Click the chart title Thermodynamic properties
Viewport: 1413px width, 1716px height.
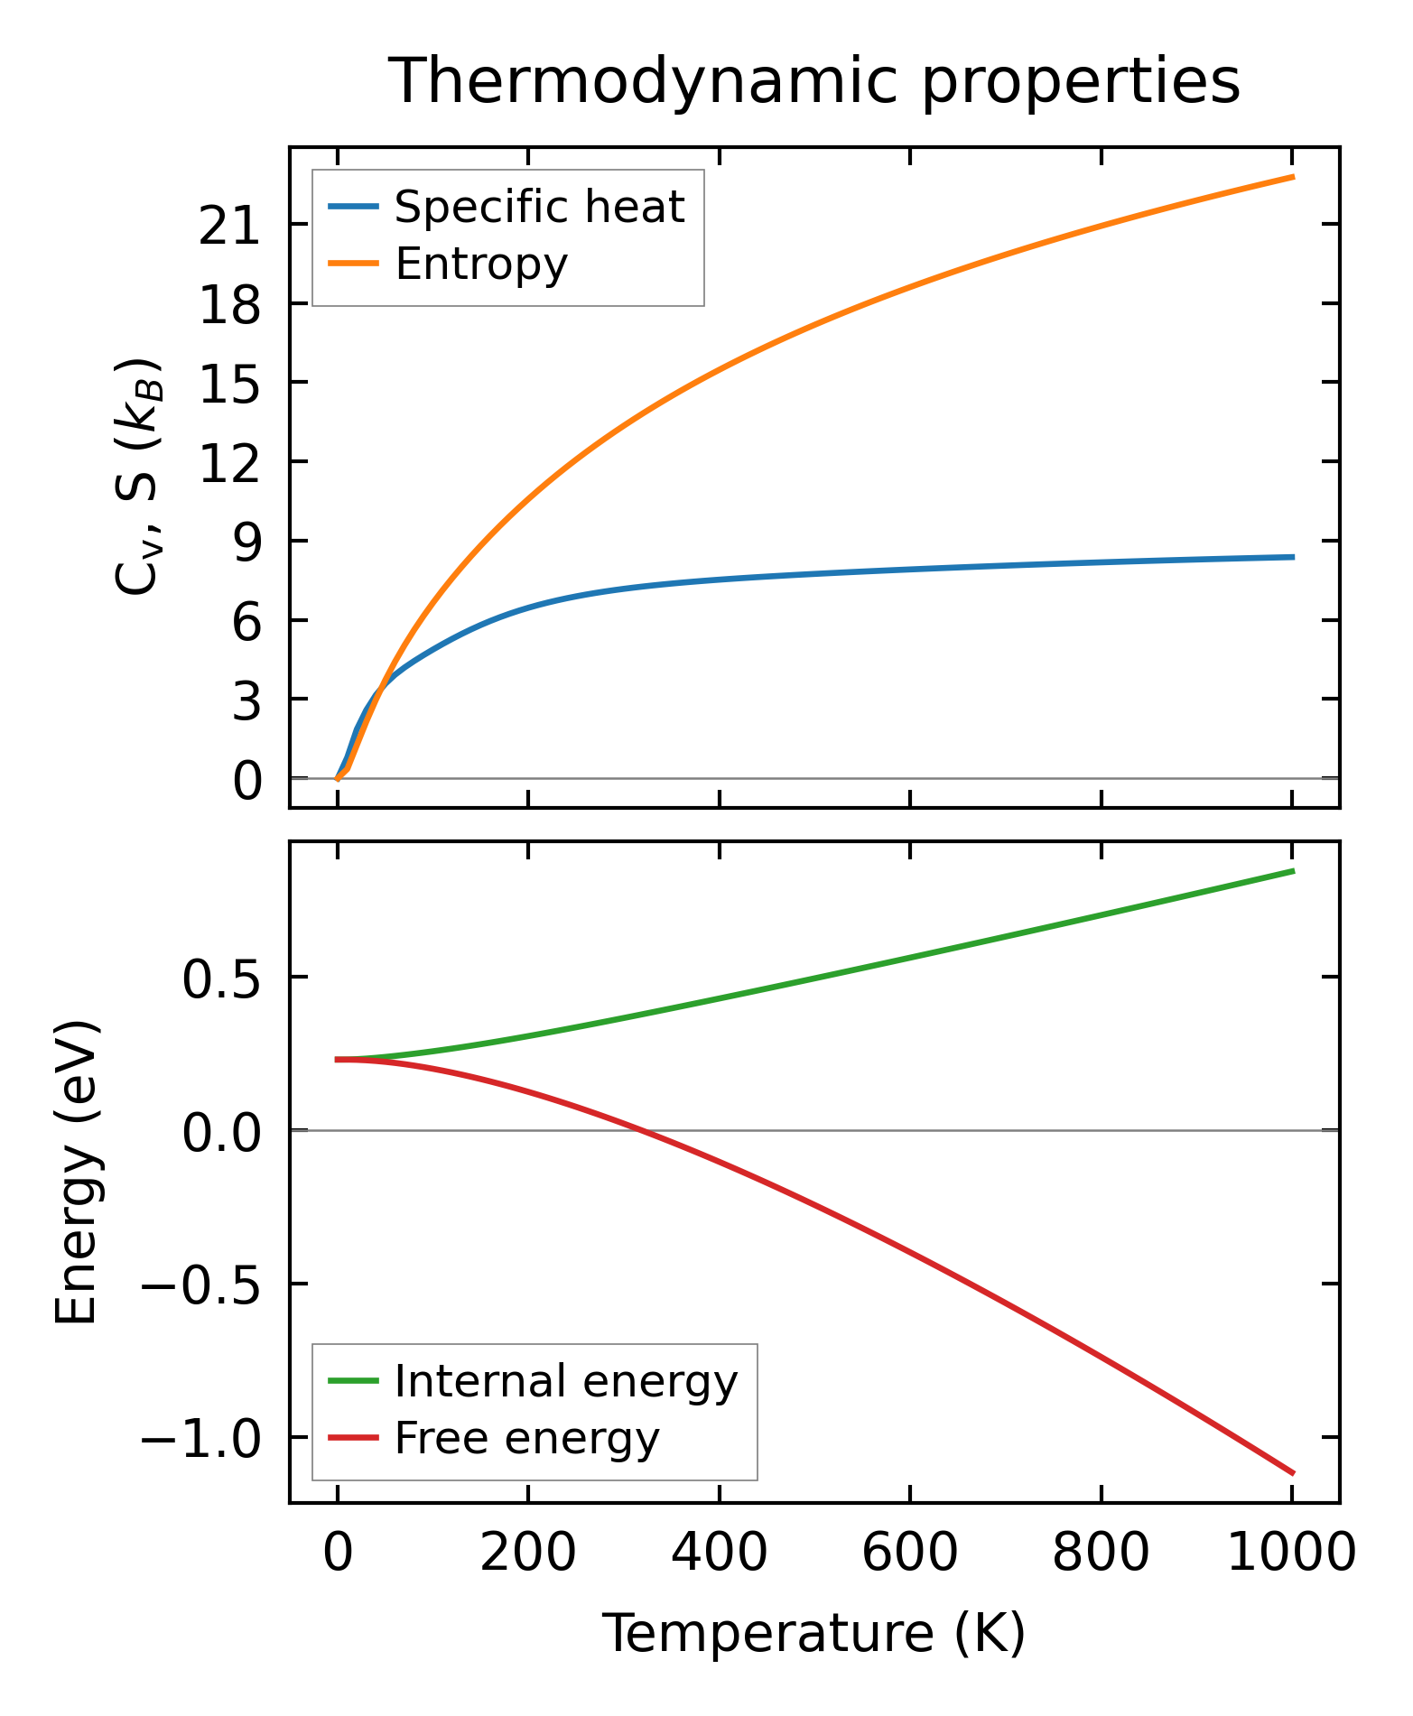coord(813,81)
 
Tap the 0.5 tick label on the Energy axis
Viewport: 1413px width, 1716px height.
coord(222,979)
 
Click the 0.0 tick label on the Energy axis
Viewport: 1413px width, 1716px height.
coord(222,1132)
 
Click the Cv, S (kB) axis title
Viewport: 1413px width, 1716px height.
coord(137,477)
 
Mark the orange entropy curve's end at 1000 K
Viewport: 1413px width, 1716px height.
coord(1293,177)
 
